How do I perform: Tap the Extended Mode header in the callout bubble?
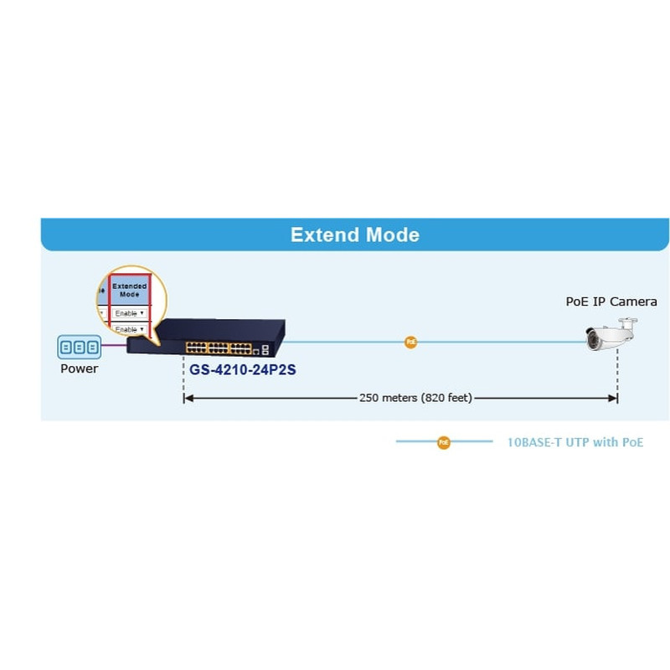pyautogui.click(x=130, y=290)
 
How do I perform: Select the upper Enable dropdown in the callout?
pyautogui.click(x=130, y=312)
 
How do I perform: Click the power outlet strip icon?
pyautogui.click(x=79, y=347)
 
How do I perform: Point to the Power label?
pyautogui.click(x=79, y=368)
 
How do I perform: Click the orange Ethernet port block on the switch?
pyautogui.click(x=218, y=346)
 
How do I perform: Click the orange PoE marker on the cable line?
pyautogui.click(x=410, y=342)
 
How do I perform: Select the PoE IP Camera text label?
pyautogui.click(x=611, y=301)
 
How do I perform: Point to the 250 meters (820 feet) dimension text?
pyautogui.click(x=415, y=398)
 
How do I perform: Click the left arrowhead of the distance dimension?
pyautogui.click(x=188, y=398)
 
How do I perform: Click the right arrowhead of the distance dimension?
pyautogui.click(x=613, y=398)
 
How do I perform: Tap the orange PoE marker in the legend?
pyautogui.click(x=444, y=441)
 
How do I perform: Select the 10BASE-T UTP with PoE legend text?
pyautogui.click(x=575, y=442)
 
